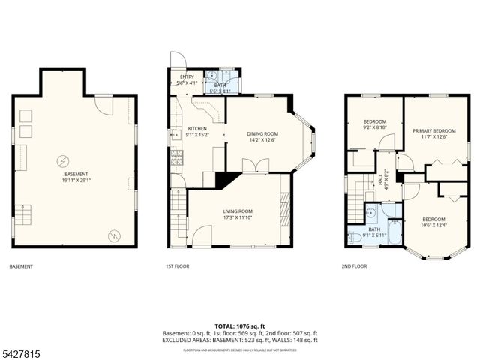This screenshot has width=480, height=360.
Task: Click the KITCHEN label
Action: [197, 128]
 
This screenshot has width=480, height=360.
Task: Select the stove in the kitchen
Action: [178, 157]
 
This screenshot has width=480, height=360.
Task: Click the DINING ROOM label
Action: [262, 134]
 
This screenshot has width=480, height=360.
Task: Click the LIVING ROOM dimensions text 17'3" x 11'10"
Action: [238, 218]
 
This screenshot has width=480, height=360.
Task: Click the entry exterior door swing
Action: [177, 61]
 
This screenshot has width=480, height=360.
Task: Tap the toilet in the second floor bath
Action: [355, 238]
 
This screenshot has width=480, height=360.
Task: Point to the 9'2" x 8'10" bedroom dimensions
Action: [375, 128]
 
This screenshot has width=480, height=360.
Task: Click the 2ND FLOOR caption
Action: [354, 266]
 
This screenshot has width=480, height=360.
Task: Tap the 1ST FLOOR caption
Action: [177, 266]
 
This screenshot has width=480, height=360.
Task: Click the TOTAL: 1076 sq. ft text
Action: [240, 326]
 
